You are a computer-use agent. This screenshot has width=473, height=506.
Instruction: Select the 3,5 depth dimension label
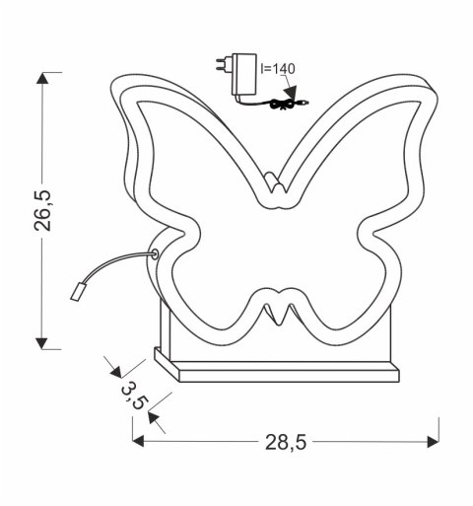pyautogui.click(x=134, y=394)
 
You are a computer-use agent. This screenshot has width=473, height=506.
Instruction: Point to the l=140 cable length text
pyautogui.click(x=278, y=69)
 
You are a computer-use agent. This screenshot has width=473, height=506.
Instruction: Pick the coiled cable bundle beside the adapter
pyautogui.click(x=287, y=104)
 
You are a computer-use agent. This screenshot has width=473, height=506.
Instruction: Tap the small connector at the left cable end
pyautogui.click(x=77, y=290)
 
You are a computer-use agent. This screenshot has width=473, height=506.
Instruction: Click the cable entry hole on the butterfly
pyautogui.click(x=154, y=254)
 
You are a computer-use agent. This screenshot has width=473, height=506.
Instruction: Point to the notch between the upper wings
pyautogui.click(x=277, y=183)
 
